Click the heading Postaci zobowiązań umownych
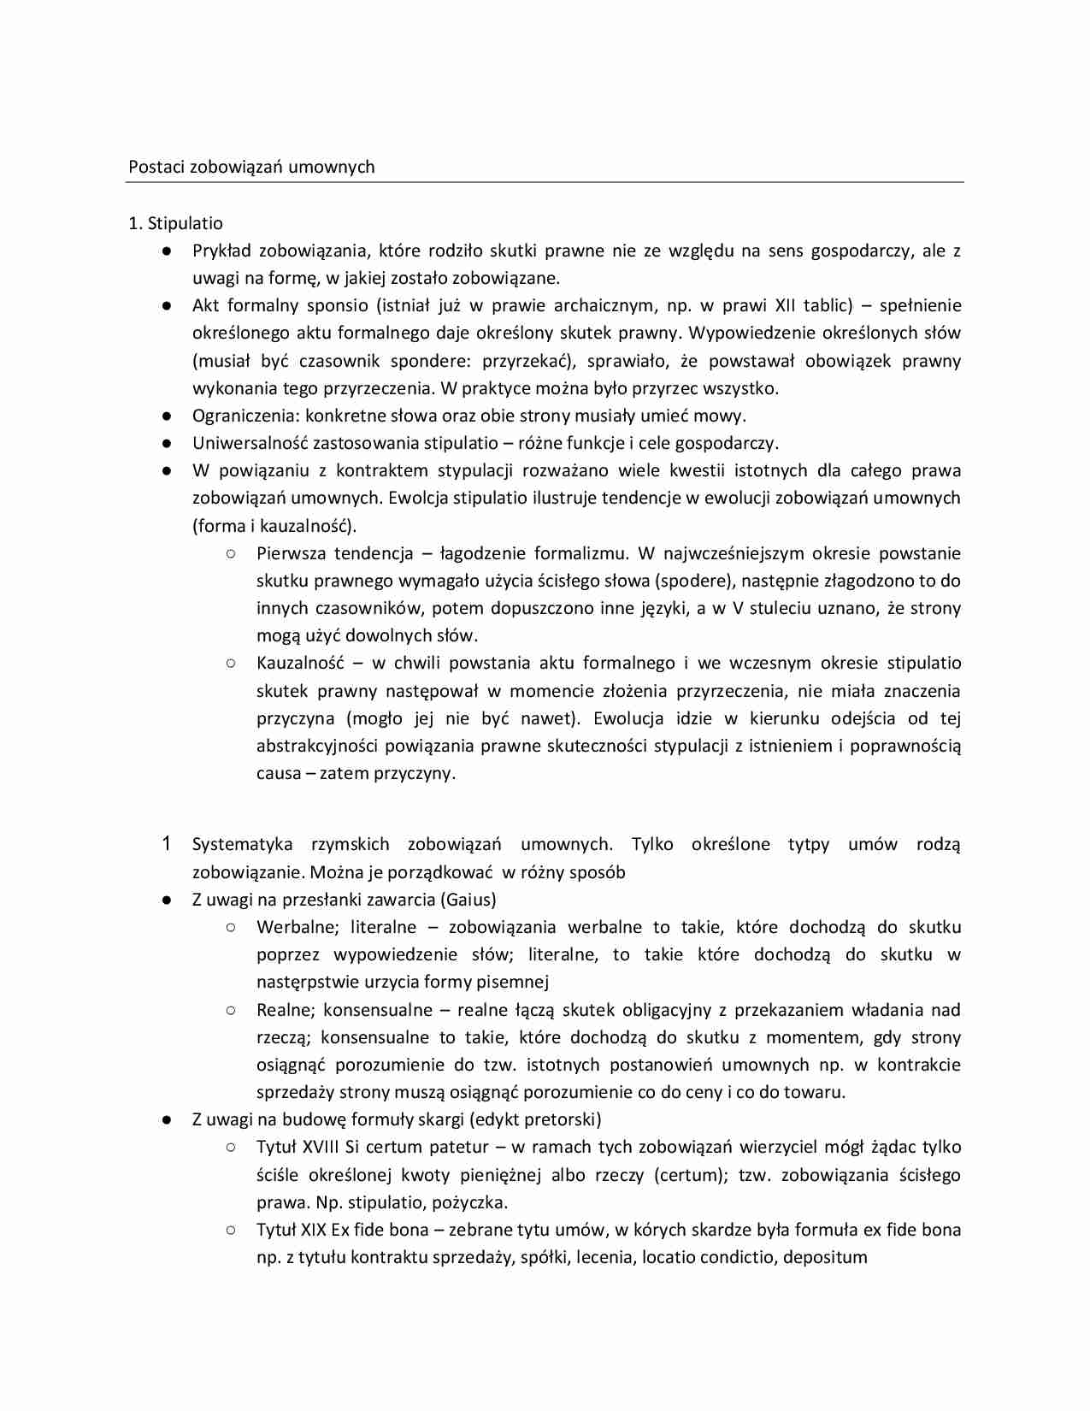tap(251, 167)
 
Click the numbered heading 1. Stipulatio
tap(175, 223)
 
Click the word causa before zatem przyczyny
tap(279, 773)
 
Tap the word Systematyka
tap(242, 844)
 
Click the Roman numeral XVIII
tap(321, 1147)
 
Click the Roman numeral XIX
tap(314, 1230)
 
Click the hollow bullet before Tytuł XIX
tap(231, 1230)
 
